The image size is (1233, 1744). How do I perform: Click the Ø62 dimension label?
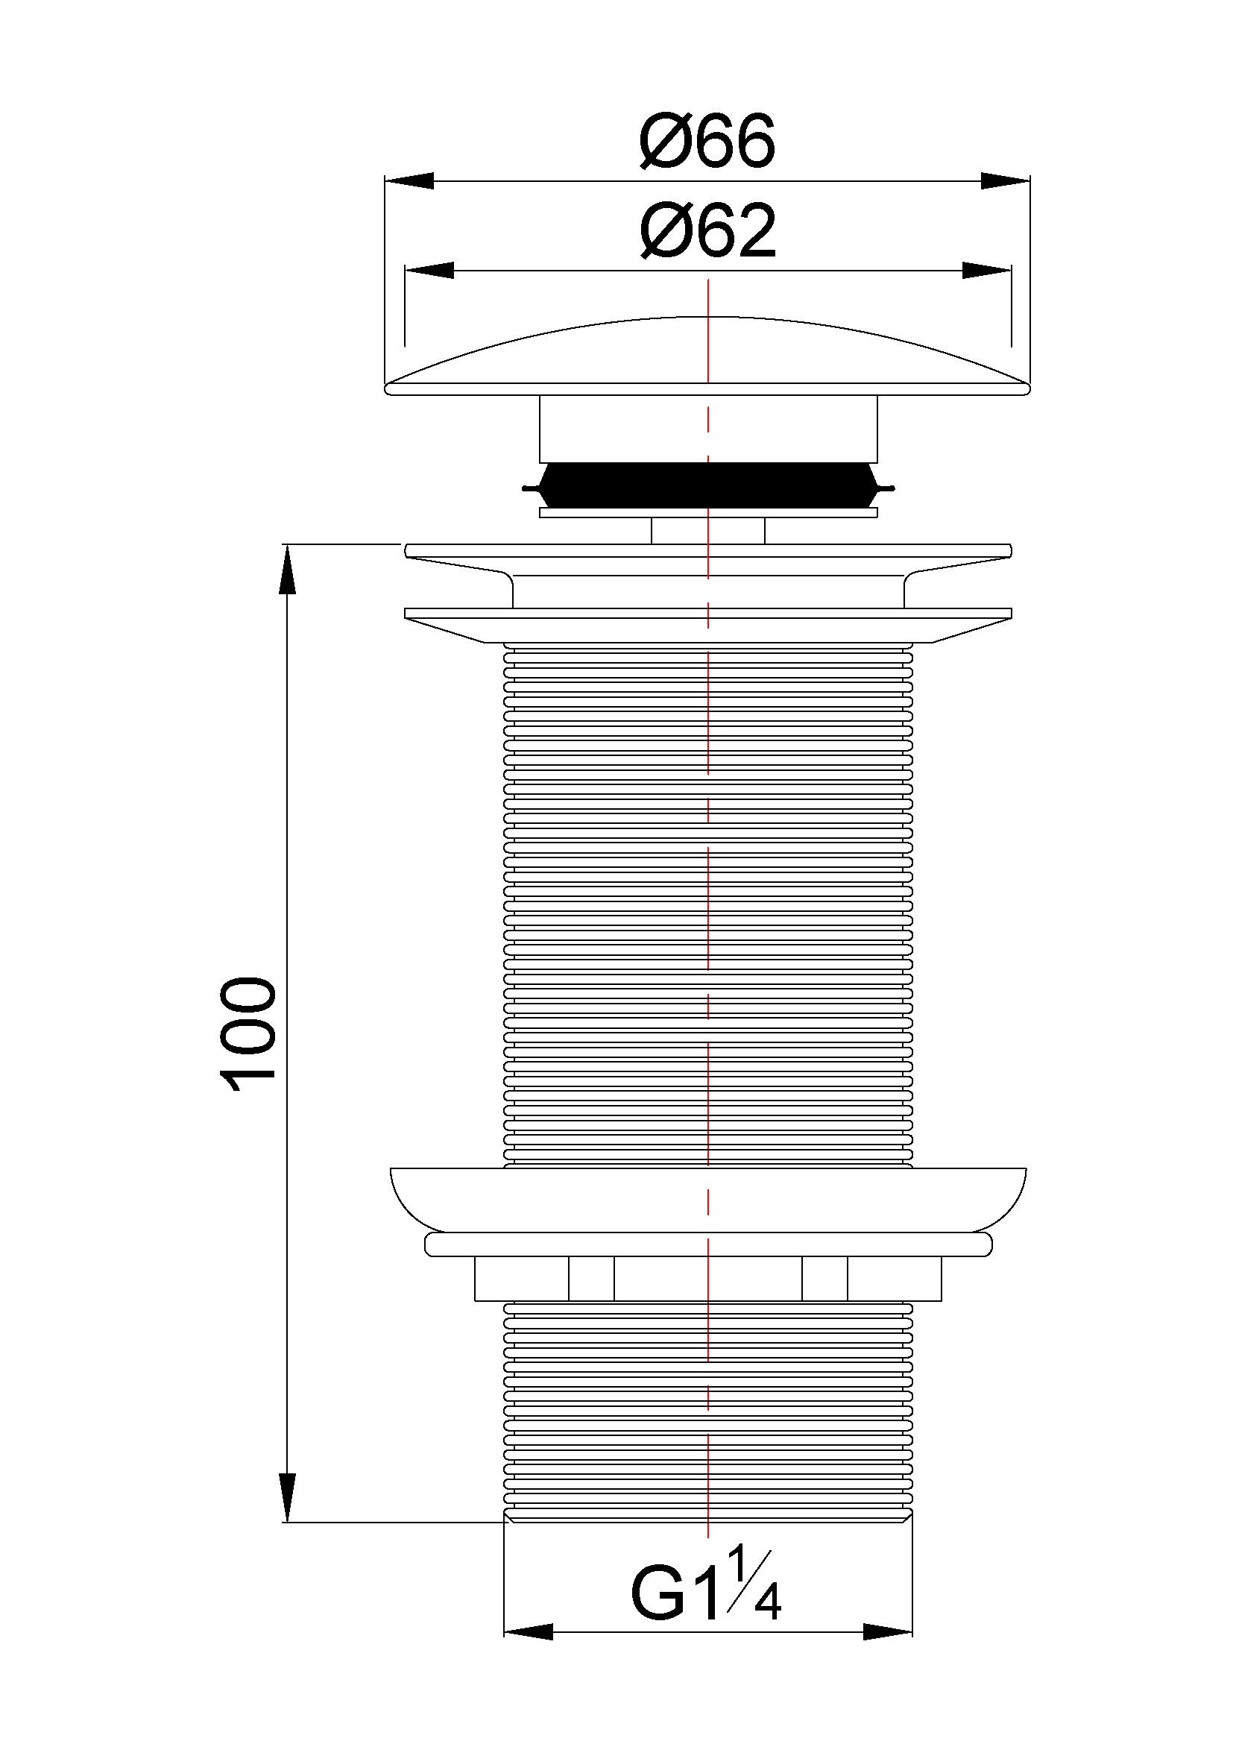[707, 233]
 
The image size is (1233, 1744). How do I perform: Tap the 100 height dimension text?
[245, 1035]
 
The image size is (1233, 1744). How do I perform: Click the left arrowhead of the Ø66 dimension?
[410, 180]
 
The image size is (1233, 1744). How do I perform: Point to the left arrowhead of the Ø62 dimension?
[429, 271]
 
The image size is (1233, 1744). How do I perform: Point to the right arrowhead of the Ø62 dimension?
[986, 271]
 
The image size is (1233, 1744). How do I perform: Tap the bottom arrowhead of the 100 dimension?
[287, 1496]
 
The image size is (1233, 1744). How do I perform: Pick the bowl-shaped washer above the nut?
[707, 1199]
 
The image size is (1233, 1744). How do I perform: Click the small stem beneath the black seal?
[707, 530]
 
